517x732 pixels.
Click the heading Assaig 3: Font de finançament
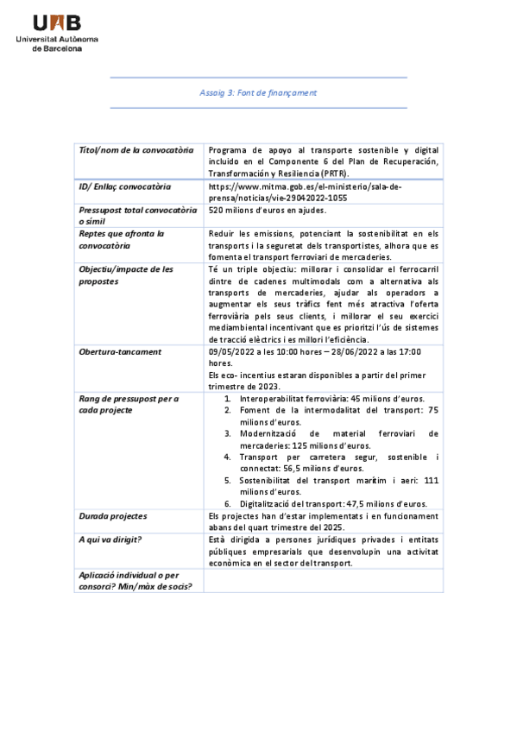[x=258, y=92]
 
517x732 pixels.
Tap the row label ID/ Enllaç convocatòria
[x=125, y=186]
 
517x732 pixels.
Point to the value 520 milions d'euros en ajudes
[x=267, y=210]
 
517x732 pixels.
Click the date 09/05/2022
[x=232, y=352]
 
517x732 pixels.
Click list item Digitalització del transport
[x=333, y=503]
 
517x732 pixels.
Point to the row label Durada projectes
[x=113, y=516]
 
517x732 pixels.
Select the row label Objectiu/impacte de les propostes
[x=126, y=275]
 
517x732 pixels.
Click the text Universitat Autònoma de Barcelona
[x=58, y=44]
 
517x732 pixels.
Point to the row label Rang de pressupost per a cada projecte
[x=129, y=404]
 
